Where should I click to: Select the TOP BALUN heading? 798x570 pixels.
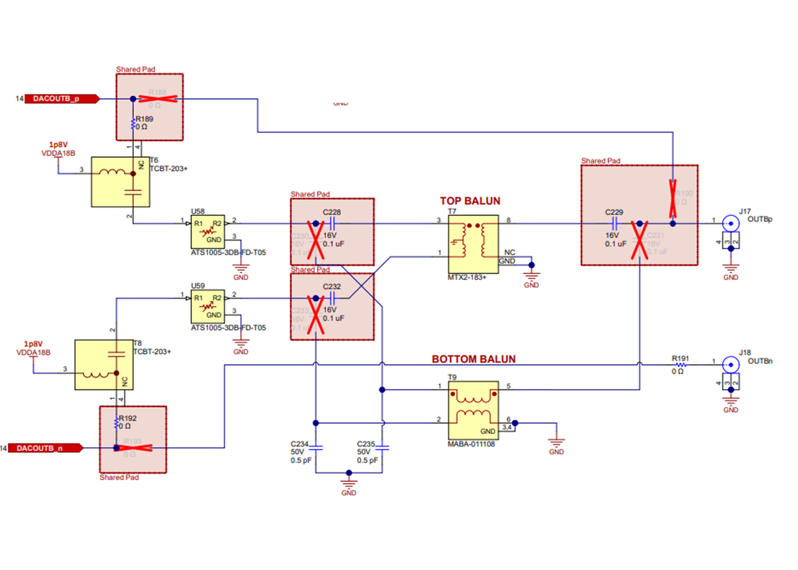(x=470, y=201)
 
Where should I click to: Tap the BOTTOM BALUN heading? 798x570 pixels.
(x=473, y=359)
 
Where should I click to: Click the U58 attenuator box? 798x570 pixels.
(x=207, y=232)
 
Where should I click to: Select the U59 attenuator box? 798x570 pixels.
(x=207, y=307)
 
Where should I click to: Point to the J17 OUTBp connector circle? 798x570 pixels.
(x=731, y=224)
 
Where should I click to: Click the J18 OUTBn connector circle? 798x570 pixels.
(x=731, y=365)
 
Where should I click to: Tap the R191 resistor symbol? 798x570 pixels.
(x=680, y=365)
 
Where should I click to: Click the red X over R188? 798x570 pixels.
(x=158, y=99)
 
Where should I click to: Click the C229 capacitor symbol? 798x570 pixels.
(x=614, y=223)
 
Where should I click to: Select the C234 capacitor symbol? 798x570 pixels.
(x=316, y=448)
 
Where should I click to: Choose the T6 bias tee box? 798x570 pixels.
(x=120, y=182)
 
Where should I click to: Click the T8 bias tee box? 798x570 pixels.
(x=104, y=365)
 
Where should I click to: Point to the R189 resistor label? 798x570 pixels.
(x=144, y=119)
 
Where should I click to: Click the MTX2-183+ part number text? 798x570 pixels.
(x=467, y=277)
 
